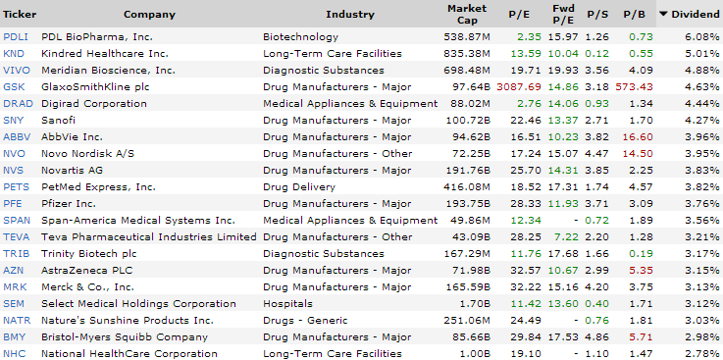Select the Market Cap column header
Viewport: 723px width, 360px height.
tap(467, 14)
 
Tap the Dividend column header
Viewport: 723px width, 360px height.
tap(696, 14)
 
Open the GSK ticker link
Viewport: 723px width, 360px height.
tap(14, 86)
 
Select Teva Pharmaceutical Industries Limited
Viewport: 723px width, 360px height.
tap(149, 236)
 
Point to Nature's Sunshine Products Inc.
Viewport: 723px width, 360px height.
tap(128, 320)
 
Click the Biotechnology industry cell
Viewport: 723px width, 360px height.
tap(300, 36)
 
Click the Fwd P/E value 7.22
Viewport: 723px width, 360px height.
tap(565, 236)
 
